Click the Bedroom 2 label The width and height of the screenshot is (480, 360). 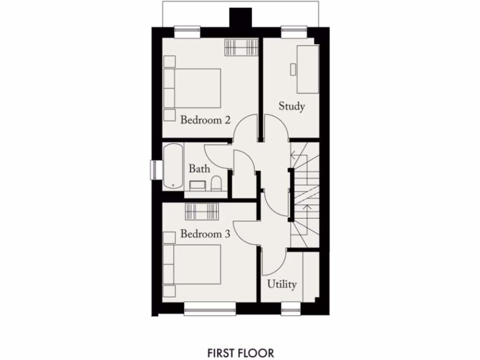[x=205, y=120]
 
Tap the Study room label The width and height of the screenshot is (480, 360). [x=292, y=106]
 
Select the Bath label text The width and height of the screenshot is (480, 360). [x=199, y=169]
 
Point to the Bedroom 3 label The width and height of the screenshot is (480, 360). [x=205, y=234]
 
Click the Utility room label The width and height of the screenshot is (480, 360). [x=282, y=284]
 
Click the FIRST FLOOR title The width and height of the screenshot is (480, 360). [x=241, y=352]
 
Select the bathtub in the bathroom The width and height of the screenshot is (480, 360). [x=173, y=167]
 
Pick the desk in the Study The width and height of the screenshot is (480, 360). [x=307, y=68]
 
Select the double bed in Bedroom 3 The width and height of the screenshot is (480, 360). [x=192, y=264]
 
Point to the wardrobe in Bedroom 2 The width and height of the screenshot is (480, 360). [x=241, y=47]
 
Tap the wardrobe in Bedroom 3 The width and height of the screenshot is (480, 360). [x=202, y=211]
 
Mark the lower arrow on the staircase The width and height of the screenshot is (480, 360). [x=307, y=206]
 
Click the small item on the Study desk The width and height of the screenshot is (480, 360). [x=293, y=69]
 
